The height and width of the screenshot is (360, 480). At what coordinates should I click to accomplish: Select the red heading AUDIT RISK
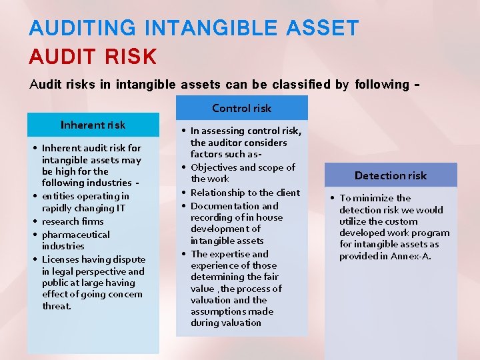[x=93, y=57]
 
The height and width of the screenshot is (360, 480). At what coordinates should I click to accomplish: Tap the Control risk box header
[x=241, y=108]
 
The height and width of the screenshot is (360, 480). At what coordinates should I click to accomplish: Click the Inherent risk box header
[x=93, y=125]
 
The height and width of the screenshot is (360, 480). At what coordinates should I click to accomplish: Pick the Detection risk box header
[x=390, y=175]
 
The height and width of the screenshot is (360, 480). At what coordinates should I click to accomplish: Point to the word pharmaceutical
[x=75, y=235]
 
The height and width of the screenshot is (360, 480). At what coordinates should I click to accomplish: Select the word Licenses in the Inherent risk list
[x=60, y=259]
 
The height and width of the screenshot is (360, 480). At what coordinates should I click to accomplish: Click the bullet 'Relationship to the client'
[x=245, y=193]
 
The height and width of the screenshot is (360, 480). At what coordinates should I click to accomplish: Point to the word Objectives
[x=214, y=167]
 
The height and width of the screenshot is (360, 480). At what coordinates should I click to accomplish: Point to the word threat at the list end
[x=56, y=306]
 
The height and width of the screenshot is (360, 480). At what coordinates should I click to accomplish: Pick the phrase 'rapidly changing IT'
[x=83, y=208]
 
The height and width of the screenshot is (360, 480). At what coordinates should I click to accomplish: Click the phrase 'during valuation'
[x=226, y=323]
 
